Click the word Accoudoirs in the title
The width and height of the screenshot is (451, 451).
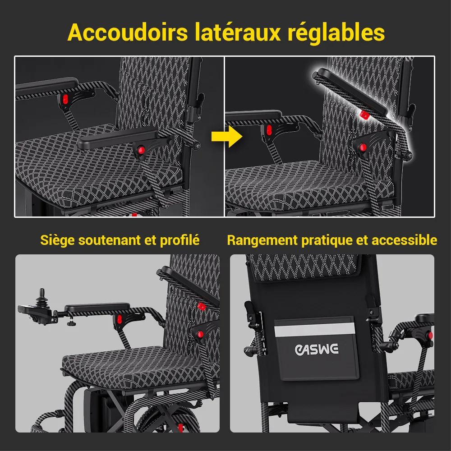coord(128,32)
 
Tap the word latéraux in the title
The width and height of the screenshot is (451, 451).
coord(238,32)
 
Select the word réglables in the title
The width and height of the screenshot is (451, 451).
coord(336,33)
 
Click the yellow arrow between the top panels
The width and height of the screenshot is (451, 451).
coord(227,137)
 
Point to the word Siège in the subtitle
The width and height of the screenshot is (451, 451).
coord(57,240)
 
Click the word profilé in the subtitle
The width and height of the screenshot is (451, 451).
coord(179,240)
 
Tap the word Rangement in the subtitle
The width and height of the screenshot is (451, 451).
coord(262,240)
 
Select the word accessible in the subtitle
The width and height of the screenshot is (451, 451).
coord(404,240)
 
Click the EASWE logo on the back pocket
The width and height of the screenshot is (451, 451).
coord(317,349)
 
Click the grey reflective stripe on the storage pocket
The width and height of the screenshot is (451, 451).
coord(315,329)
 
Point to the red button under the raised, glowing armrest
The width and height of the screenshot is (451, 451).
coord(364,115)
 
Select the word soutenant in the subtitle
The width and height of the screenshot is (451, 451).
coord(110,240)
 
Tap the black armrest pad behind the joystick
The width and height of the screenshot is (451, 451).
coord(97,307)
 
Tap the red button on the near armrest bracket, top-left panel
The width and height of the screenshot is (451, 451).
coord(141,150)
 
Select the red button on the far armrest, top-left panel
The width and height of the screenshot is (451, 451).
coord(65,99)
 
